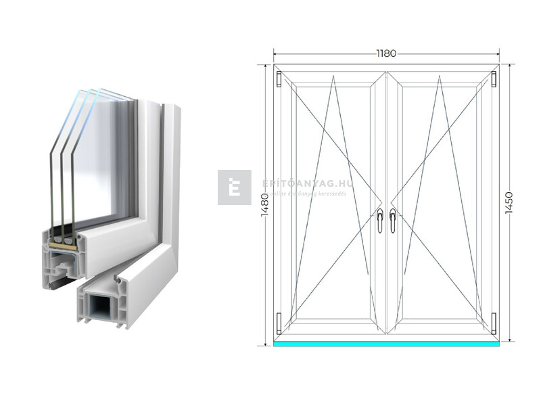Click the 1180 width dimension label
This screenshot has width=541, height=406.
click(x=386, y=52)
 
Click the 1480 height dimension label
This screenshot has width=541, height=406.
click(x=263, y=203)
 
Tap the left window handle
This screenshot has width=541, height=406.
click(x=380, y=220)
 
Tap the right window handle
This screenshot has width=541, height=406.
click(x=392, y=220)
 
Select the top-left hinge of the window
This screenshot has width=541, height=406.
click(x=279, y=79)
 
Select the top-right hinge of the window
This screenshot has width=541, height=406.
click(x=494, y=79)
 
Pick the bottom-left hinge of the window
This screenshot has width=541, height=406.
click(x=279, y=323)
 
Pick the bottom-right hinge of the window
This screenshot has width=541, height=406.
click(x=494, y=323)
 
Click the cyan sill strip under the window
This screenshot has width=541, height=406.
click(x=386, y=344)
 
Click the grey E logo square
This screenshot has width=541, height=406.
click(x=234, y=187)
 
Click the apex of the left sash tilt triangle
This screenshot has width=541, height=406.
click(x=333, y=77)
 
